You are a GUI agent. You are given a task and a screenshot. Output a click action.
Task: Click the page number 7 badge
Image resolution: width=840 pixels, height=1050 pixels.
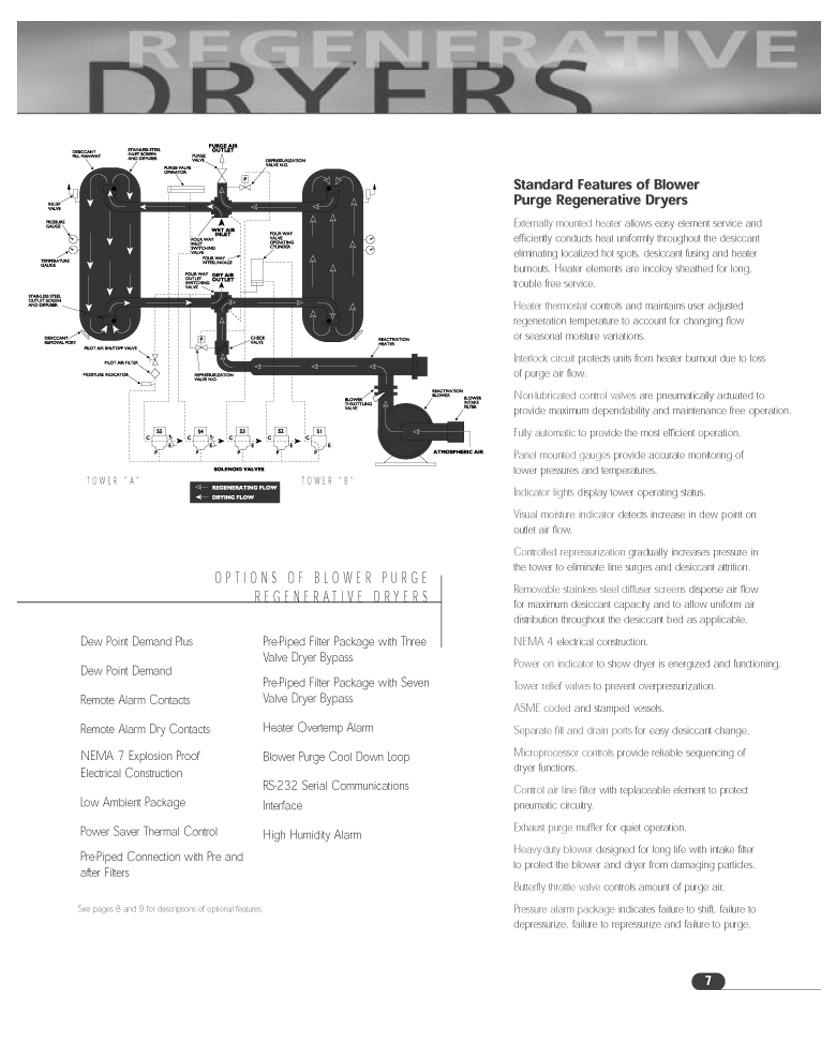click(x=708, y=980)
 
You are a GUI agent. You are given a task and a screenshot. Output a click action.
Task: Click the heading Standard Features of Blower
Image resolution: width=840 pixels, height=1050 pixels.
click(x=606, y=184)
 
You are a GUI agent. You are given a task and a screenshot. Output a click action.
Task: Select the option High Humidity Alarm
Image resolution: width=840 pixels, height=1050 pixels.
click(x=312, y=834)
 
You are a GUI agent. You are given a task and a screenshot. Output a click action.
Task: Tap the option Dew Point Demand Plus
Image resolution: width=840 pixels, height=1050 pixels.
click(x=137, y=640)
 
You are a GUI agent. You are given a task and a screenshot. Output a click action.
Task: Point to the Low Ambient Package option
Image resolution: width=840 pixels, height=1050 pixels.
click(x=133, y=802)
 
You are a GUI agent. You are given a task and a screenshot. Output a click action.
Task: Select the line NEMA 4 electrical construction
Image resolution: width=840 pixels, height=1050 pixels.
click(x=580, y=641)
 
